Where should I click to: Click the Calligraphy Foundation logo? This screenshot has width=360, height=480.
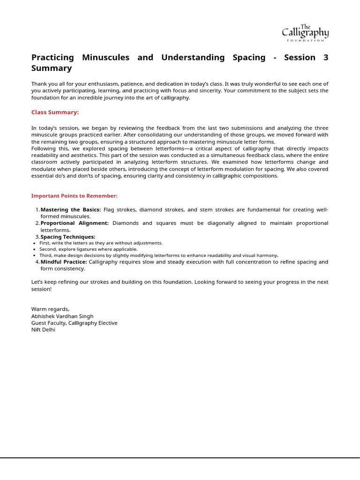[305, 32]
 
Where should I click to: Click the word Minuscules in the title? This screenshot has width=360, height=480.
[106, 58]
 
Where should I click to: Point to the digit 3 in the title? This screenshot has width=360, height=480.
[326, 58]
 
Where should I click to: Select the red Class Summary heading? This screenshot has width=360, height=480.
[55, 112]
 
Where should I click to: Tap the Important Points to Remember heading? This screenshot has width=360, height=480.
[74, 195]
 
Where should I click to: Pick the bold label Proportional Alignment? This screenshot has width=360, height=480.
[75, 223]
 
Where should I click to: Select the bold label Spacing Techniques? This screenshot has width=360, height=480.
[68, 237]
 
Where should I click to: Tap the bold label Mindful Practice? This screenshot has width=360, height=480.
[64, 262]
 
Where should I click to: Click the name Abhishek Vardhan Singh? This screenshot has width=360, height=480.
[62, 316]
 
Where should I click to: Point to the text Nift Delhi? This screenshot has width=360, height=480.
[43, 330]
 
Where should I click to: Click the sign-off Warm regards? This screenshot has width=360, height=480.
[50, 309]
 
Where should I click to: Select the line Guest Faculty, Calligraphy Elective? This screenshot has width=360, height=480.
[74, 323]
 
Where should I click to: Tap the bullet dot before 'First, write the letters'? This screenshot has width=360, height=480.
[35, 243]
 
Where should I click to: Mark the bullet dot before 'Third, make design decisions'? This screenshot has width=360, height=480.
[35, 255]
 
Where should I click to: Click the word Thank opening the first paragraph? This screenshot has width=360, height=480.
[39, 84]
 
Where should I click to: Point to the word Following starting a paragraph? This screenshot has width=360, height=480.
[44, 149]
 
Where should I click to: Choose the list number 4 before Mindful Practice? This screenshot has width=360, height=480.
[37, 262]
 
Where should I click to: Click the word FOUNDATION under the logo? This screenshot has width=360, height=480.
[305, 40]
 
